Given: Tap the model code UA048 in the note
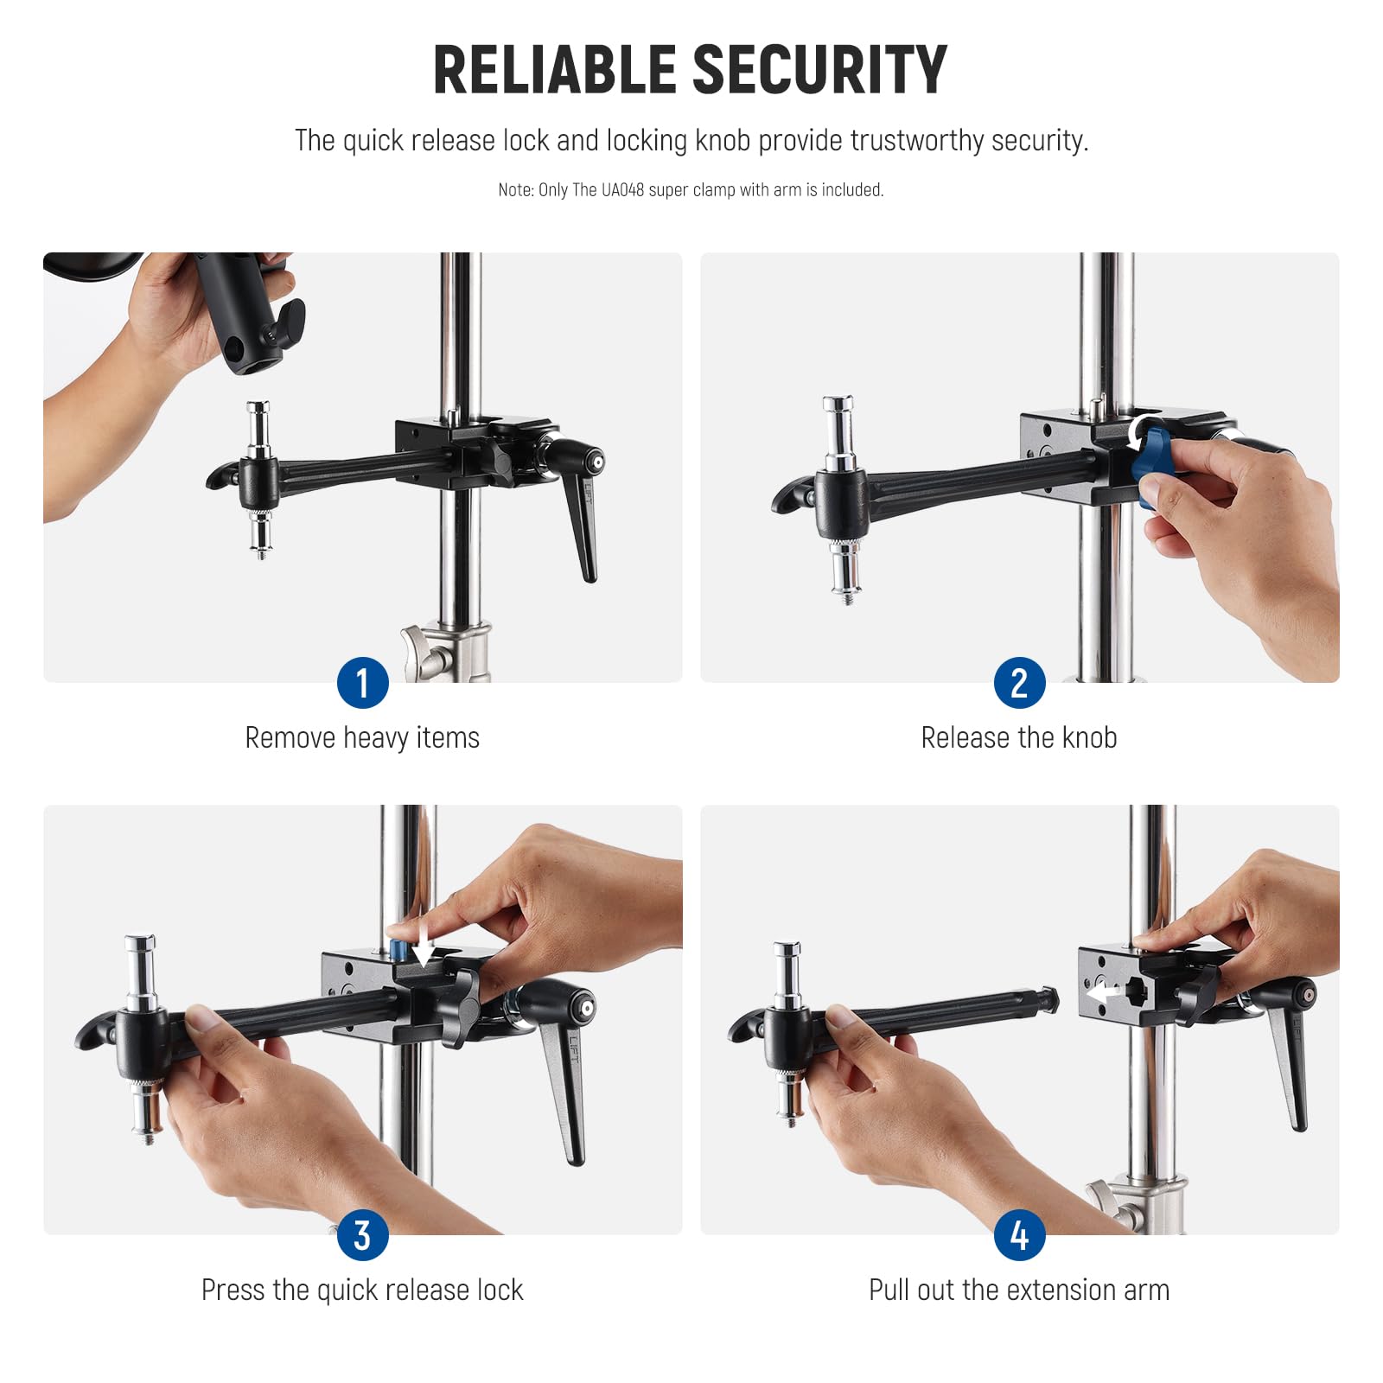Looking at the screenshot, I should tap(622, 190).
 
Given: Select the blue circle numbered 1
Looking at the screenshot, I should tap(362, 683).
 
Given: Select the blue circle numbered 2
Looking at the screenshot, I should tap(1019, 683).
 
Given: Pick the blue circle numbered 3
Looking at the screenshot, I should tap(362, 1235).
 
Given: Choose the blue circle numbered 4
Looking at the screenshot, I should tap(1019, 1235).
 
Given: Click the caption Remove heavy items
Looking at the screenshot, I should tap(362, 738).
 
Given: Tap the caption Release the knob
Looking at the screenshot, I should tap(1019, 738).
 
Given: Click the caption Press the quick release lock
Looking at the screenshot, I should tap(362, 1291).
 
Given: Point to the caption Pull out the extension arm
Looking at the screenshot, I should tap(1019, 1291).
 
